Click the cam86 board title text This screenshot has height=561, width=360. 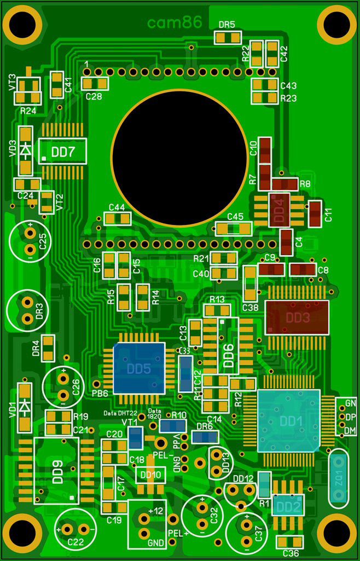tap(175, 22)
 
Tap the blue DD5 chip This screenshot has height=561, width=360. tap(139, 369)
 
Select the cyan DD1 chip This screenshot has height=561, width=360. tap(288, 420)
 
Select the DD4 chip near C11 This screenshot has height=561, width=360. tap(279, 210)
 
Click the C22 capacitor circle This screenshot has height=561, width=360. tap(75, 529)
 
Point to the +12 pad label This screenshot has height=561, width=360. tap(156, 510)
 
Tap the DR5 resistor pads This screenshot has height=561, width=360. tap(227, 38)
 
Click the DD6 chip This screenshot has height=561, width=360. tap(228, 346)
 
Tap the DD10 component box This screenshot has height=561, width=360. tap(150, 475)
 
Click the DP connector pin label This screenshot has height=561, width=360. tap(350, 417)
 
